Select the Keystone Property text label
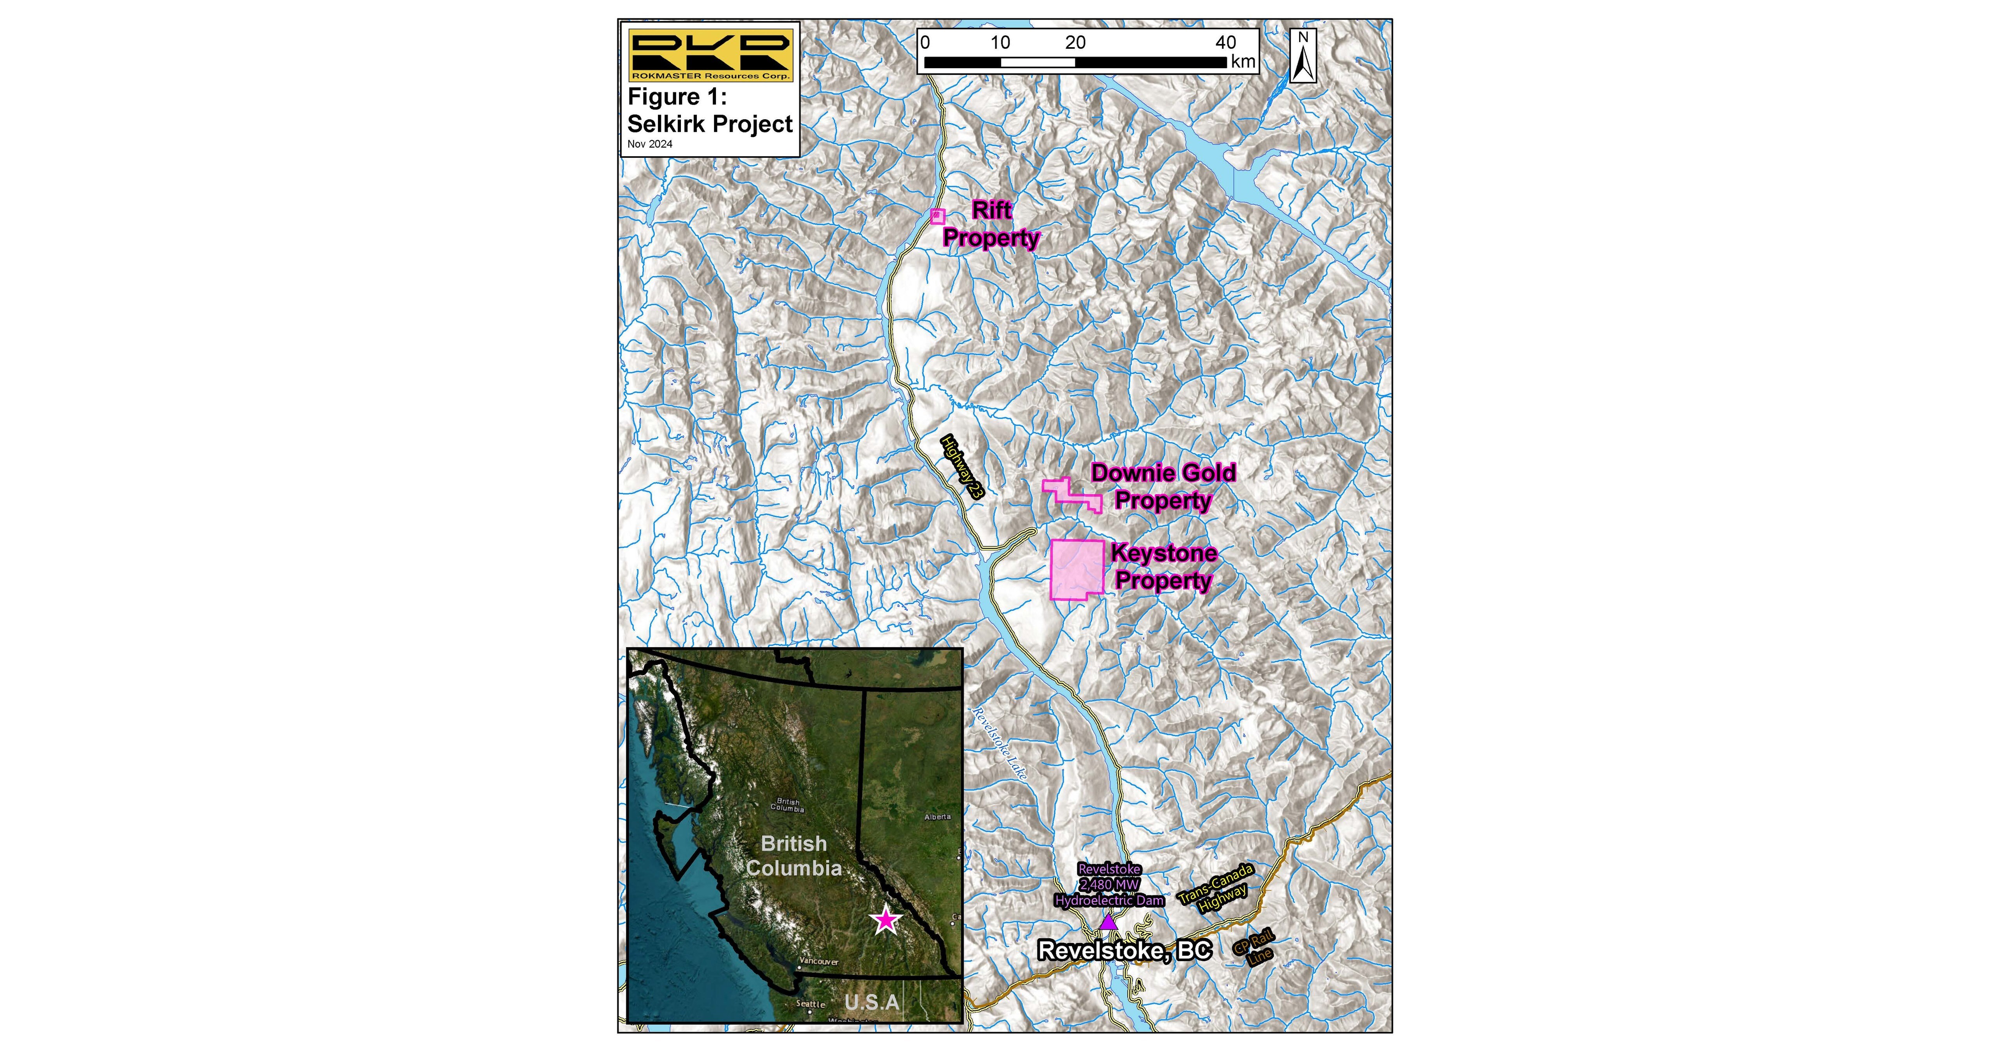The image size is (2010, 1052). pyautogui.click(x=1163, y=567)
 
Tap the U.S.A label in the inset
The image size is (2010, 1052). pyautogui.click(x=872, y=1001)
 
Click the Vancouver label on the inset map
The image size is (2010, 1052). pyautogui.click(x=818, y=962)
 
